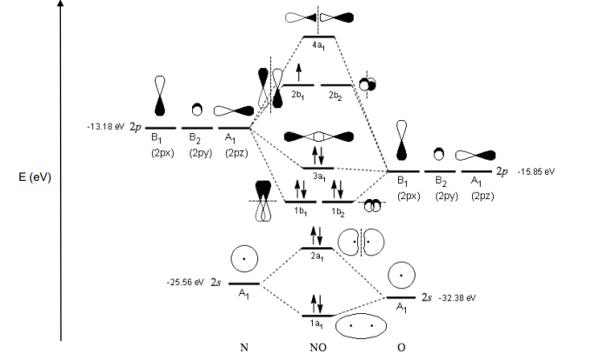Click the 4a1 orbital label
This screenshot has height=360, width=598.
(x=317, y=44)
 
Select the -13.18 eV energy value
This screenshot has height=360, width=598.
(x=103, y=127)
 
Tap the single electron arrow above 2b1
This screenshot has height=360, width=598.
(x=299, y=72)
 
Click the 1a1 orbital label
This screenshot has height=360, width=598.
(x=317, y=323)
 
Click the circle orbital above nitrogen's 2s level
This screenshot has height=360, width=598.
(x=245, y=259)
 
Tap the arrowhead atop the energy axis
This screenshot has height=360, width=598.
(x=60, y=5)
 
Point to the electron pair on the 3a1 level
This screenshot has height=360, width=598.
(x=317, y=156)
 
